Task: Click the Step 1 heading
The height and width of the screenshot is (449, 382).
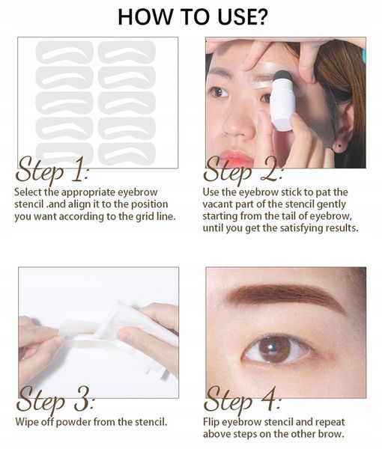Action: tap(52, 171)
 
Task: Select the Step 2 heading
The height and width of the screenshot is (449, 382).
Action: tap(243, 172)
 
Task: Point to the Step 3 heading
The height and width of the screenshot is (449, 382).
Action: tap(55, 400)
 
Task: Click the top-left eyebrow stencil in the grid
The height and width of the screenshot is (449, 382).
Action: tap(64, 52)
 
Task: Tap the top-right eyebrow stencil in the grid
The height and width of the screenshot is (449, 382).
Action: tap(127, 52)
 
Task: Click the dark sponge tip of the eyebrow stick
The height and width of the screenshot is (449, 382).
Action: tap(282, 78)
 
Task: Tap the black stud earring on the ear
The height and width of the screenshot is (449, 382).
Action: tap(340, 146)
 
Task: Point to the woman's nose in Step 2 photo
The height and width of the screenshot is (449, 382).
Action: tap(239, 123)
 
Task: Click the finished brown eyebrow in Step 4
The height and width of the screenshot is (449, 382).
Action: tap(286, 299)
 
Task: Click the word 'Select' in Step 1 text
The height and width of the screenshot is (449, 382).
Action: tap(28, 192)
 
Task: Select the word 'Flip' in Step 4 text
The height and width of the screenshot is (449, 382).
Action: tap(211, 422)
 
